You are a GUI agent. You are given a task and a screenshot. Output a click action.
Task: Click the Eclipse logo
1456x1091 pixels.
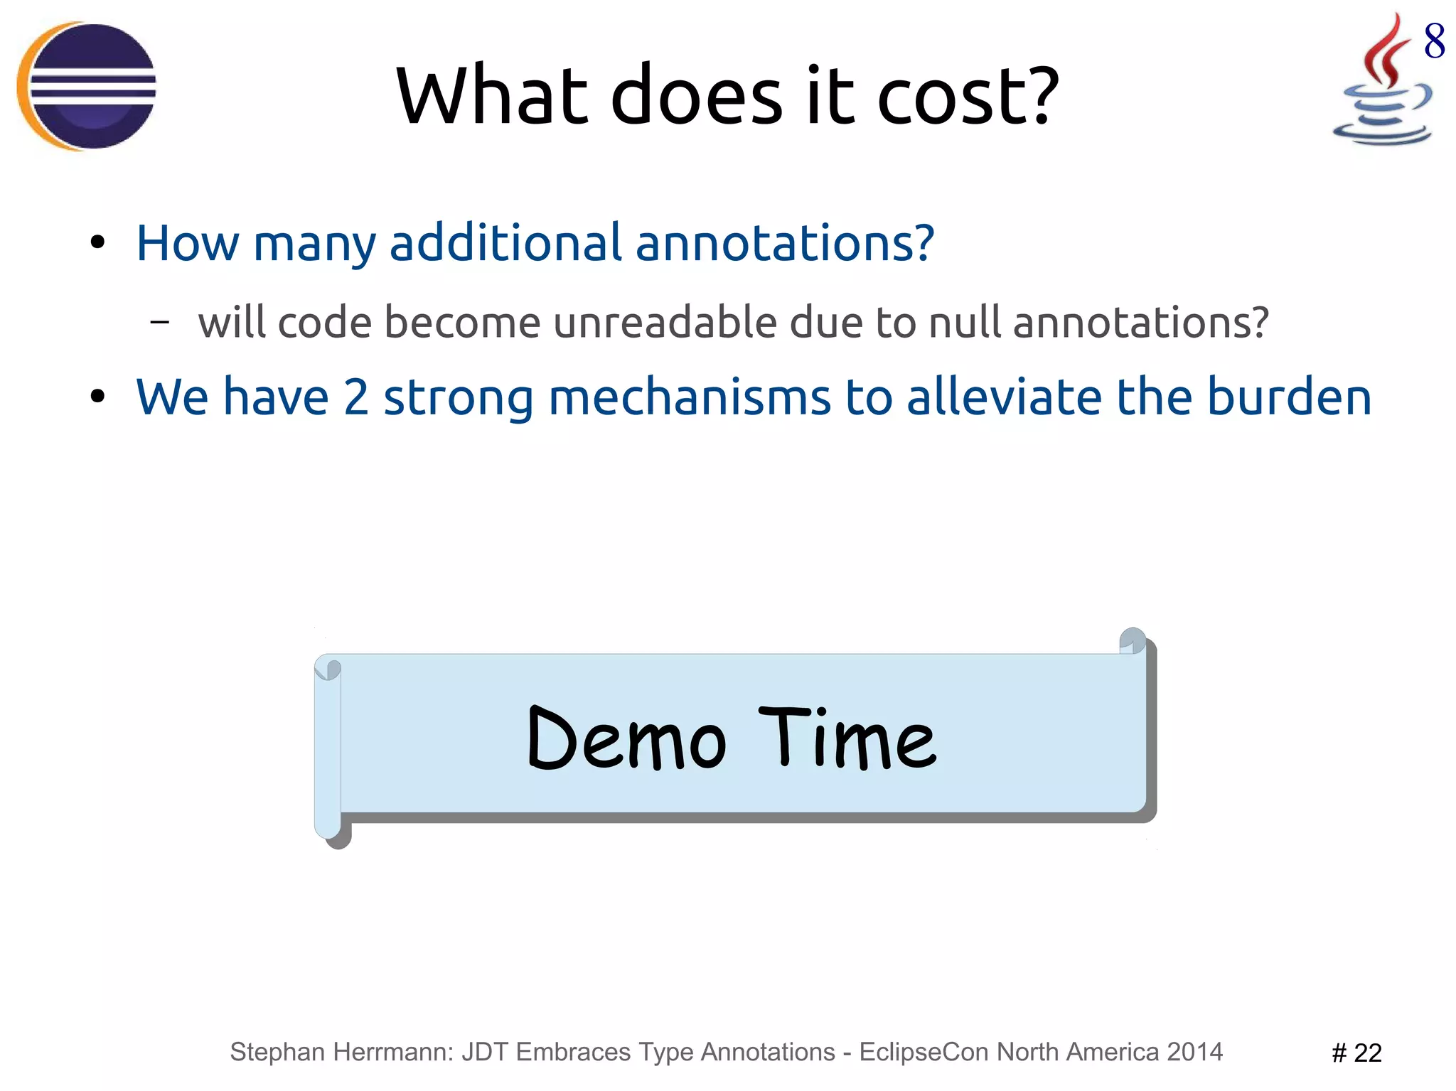click(87, 86)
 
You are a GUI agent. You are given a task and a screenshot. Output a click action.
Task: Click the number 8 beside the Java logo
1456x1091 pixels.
click(1434, 41)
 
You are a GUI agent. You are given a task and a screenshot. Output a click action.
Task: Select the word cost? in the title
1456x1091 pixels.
click(968, 95)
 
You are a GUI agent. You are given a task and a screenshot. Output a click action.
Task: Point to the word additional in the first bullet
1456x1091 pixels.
click(506, 242)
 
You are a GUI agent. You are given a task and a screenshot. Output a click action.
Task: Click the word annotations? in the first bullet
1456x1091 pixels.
click(784, 242)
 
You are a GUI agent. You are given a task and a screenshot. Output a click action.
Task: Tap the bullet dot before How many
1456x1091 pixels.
click(97, 243)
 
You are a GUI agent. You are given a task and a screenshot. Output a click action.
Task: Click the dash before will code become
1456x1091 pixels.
click(160, 322)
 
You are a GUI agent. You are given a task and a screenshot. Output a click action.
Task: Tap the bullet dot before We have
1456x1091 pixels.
click(97, 397)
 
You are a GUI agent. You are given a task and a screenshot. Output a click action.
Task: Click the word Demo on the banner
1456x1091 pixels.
click(626, 739)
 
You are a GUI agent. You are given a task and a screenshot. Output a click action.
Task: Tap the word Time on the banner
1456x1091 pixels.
click(848, 739)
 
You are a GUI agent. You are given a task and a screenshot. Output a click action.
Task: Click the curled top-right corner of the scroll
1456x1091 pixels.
click(1133, 640)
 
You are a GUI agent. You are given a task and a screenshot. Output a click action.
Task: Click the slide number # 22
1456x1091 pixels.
click(1356, 1053)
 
